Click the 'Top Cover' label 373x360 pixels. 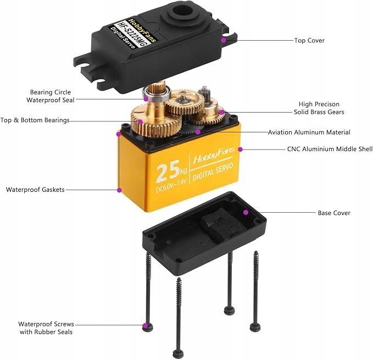(309, 40)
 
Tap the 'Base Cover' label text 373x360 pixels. (333, 213)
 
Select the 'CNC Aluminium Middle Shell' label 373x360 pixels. (330, 149)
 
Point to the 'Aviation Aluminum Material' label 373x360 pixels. (309, 132)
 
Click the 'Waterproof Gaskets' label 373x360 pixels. (35, 190)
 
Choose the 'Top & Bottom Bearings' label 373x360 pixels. (35, 120)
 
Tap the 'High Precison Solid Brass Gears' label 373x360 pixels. (319, 108)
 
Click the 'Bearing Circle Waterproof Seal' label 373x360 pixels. (50, 96)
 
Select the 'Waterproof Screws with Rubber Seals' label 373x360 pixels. (46, 328)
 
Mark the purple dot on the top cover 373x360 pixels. (224, 40)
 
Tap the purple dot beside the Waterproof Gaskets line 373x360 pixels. (119, 190)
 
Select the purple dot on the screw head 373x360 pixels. (145, 326)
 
